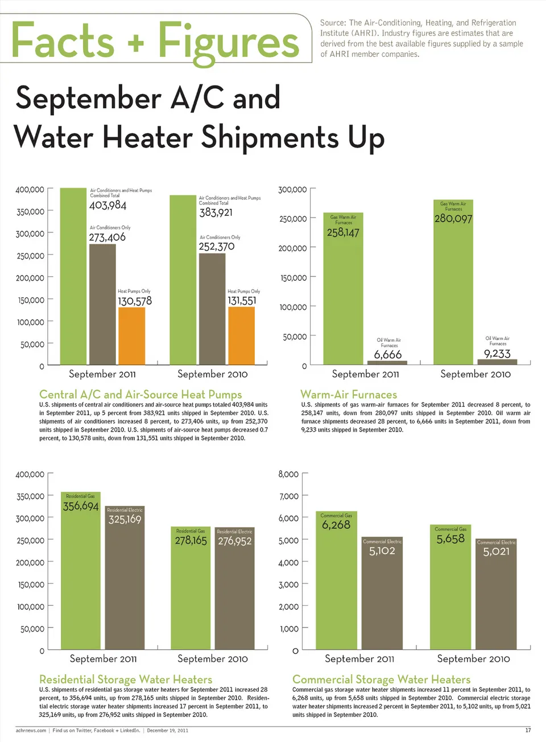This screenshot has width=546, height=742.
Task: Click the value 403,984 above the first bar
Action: pos(107,206)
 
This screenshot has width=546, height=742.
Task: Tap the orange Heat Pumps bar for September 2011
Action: pos(131,335)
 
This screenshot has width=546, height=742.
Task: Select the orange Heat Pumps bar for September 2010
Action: pos(241,335)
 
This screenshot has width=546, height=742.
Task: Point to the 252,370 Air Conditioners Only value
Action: pos(216,247)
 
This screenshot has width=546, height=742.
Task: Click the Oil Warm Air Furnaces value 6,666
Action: pos(388,355)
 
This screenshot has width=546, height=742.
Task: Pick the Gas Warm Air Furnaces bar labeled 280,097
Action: pos(453,285)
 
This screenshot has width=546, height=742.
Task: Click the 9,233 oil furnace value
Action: pos(497,354)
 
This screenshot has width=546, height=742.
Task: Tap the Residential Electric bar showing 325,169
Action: pos(125,581)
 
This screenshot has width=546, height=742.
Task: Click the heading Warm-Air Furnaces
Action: pos(349,394)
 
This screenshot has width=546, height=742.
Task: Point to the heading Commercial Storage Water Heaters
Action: pos(381,679)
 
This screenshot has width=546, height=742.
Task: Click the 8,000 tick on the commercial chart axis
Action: pos(288,474)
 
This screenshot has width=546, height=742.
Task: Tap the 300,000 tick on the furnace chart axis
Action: pos(292,190)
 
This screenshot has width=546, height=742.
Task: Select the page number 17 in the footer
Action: pos(528,730)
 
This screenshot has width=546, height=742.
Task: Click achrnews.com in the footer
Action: pos(31,730)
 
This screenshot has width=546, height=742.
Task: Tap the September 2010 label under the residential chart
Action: pos(212,659)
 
